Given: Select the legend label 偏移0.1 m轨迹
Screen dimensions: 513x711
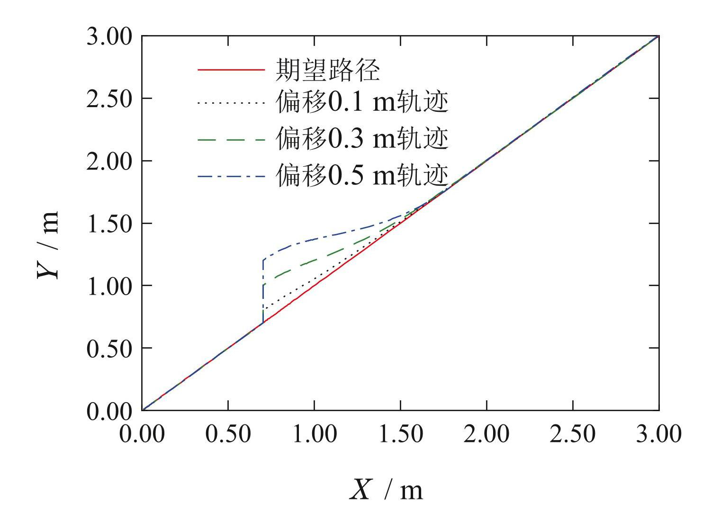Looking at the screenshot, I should tap(362, 103).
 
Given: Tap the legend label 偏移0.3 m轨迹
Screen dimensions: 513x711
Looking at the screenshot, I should tap(362, 139).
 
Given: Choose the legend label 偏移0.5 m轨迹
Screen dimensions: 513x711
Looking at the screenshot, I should tap(362, 176).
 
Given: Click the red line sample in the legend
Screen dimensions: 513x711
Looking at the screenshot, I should tap(231, 70).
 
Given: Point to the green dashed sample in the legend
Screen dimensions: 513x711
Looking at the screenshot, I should tap(231, 140).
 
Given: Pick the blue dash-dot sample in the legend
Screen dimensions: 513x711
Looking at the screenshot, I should tap(231, 176).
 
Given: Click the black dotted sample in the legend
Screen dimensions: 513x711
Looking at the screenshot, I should tap(231, 103).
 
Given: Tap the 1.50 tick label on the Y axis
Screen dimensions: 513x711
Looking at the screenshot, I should tap(108, 224).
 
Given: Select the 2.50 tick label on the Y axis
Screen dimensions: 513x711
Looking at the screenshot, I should tap(108, 99).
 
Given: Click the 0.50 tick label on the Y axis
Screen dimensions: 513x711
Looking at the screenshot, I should tap(108, 349).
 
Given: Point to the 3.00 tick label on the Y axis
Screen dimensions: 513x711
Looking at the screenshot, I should tap(108, 36).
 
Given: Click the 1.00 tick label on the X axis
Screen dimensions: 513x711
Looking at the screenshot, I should tap(315, 434).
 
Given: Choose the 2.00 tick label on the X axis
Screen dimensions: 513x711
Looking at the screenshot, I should tap(486, 434).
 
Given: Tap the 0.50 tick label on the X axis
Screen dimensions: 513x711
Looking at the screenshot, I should tap(228, 434).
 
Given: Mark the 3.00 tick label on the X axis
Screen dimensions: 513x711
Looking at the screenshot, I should tap(658, 434).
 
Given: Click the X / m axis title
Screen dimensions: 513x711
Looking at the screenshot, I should tap(386, 490).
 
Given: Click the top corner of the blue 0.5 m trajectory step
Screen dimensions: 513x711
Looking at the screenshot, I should tap(263, 260).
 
